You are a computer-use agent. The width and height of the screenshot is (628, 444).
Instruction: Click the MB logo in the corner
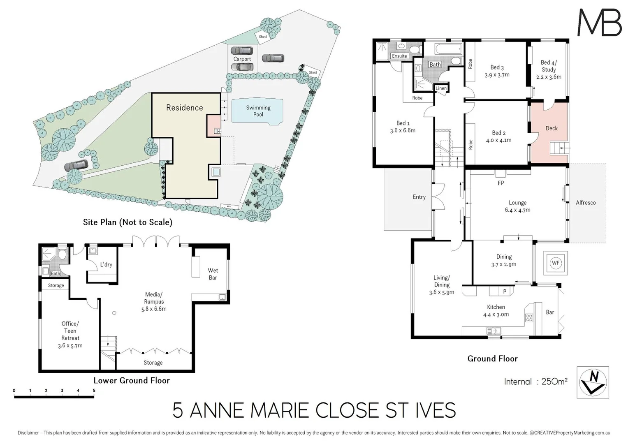[599, 22]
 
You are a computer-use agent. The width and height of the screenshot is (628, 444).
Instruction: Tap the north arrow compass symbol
[593, 382]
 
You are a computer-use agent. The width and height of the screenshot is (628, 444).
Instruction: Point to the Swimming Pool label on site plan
[258, 111]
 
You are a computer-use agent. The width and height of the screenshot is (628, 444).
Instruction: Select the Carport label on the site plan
[242, 59]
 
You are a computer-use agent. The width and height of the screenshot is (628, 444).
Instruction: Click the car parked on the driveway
[76, 166]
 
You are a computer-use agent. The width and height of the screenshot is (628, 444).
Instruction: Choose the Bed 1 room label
[403, 127]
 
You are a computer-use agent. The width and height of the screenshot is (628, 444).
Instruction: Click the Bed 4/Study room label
[549, 69]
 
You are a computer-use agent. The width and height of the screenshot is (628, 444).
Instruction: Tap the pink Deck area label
[551, 128]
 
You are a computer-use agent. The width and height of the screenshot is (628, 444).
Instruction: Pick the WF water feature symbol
[556, 263]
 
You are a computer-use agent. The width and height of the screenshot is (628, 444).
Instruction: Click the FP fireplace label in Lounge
[501, 183]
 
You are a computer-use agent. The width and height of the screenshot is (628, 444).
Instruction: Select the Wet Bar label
[213, 274]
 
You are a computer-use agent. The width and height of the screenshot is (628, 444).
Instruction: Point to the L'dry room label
[106, 265]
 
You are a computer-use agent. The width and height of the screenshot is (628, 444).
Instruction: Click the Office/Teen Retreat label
[70, 334]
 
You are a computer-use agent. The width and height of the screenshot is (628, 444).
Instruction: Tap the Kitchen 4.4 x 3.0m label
[496, 311]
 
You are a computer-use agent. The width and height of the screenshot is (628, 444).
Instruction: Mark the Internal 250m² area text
[535, 382]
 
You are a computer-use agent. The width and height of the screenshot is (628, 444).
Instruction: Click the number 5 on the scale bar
[94, 391]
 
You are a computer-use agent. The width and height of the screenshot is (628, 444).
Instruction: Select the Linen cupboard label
[441, 88]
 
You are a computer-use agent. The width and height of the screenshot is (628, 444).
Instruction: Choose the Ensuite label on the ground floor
[399, 56]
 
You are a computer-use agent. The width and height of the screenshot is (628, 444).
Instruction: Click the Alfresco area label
[585, 203]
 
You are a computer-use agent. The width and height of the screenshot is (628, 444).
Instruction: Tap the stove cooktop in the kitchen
[529, 317]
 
